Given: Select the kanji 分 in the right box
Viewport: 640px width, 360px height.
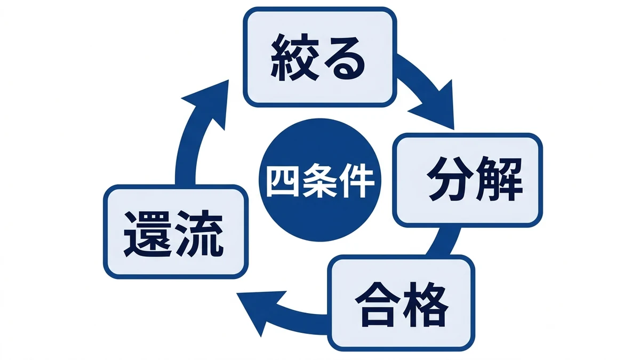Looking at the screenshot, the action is [x=449, y=179].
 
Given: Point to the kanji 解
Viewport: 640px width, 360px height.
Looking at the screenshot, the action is [x=499, y=179].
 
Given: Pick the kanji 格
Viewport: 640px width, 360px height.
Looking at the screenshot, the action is [x=426, y=305].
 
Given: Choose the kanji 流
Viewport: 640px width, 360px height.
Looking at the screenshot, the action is [x=199, y=234].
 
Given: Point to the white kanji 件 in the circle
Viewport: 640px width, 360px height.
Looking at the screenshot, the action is [x=357, y=180].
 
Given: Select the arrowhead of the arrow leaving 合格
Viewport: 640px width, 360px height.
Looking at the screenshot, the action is [x=259, y=311].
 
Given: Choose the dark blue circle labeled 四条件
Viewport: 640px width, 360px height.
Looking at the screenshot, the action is [x=320, y=180].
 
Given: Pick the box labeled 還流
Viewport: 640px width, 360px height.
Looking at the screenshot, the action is [x=175, y=231].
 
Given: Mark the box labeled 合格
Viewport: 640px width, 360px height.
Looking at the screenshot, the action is [x=401, y=303].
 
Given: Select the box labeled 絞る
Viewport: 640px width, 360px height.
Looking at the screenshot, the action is [x=319, y=57].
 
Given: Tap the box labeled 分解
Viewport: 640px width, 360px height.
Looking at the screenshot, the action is [x=467, y=180].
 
